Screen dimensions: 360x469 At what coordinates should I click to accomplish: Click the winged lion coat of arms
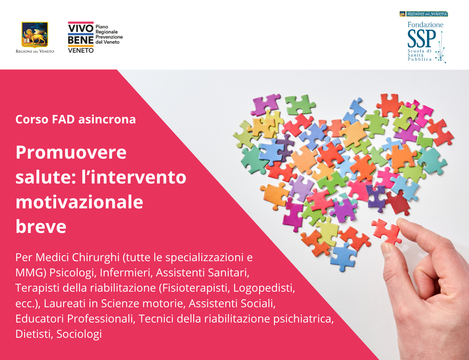point(35,35)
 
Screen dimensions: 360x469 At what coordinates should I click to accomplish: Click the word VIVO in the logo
point(81,29)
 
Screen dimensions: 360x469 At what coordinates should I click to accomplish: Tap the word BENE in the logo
point(81,40)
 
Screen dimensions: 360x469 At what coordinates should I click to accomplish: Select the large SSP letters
point(421,39)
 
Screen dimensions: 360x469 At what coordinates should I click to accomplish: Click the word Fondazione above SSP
point(425,25)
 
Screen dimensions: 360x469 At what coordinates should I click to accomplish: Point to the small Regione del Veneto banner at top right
point(424,14)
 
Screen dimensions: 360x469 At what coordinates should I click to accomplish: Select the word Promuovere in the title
point(71,152)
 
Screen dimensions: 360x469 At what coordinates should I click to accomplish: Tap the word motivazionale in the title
point(79,202)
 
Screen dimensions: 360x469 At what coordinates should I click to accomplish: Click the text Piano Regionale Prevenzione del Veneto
point(109,35)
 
